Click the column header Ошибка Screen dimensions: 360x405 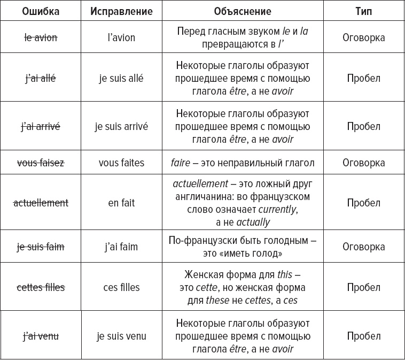coord(41,11)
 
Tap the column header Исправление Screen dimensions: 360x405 coord(121,11)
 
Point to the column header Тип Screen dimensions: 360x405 coord(363,11)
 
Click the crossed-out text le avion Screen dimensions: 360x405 coord(41,37)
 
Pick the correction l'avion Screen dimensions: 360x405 coord(121,37)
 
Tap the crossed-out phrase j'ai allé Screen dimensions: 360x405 coord(41,79)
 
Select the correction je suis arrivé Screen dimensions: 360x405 coord(121,127)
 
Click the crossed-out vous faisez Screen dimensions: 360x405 coord(41,163)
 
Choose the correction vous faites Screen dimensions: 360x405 coord(121,163)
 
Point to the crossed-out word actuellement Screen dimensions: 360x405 coord(41,203)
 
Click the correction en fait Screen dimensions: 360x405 coord(121,203)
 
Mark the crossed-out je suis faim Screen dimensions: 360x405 coord(41,247)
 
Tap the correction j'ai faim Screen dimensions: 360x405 coord(121,247)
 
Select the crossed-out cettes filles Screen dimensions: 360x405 coord(41,287)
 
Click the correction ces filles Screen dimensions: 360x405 coord(121,287)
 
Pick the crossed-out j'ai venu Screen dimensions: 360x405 coord(41,336)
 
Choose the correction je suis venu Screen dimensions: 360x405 coord(121,336)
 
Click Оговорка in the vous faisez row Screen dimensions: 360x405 coord(363,163)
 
